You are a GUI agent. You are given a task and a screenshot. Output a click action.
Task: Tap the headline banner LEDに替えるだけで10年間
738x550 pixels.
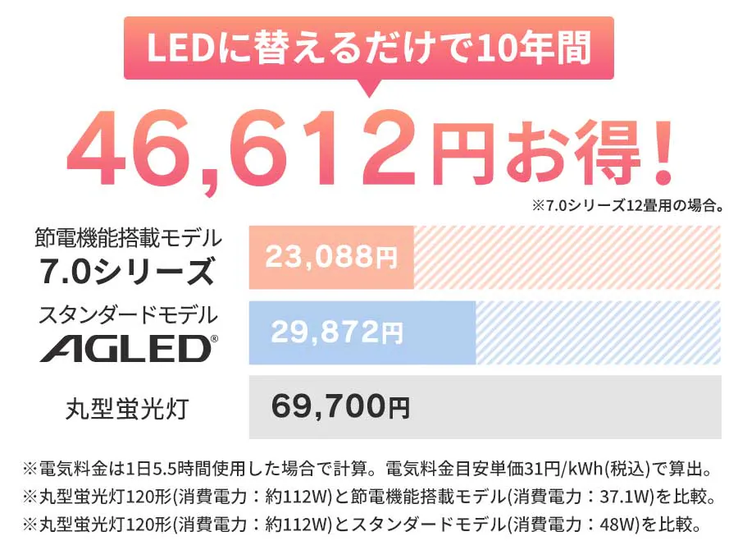(x=369, y=48)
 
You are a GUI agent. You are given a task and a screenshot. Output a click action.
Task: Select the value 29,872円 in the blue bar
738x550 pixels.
(x=337, y=332)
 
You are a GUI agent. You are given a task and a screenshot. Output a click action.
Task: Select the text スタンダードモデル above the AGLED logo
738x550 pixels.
(x=129, y=314)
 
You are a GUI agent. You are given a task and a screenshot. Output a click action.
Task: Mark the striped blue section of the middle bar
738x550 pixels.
(x=598, y=332)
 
